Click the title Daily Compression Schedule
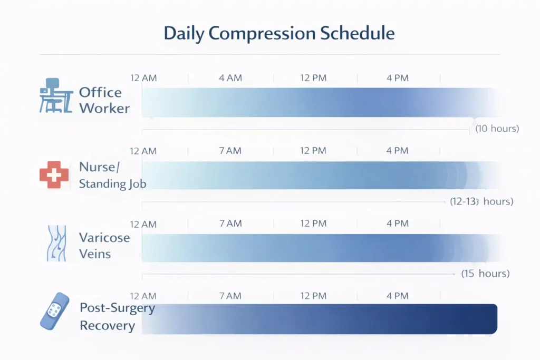coord(279,33)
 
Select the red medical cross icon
coord(54,174)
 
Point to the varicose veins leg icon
coord(55,244)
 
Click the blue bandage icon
coord(54,311)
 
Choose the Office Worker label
coord(104,100)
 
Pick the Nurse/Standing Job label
coord(112,176)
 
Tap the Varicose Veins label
coord(104,246)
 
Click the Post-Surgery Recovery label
coord(117,316)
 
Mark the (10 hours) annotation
coord(497,129)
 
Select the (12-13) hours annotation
coord(481,202)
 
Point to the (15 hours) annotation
coord(485,274)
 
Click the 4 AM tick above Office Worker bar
coord(230,78)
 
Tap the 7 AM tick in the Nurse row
coord(230,151)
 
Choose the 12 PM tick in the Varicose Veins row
coord(314,223)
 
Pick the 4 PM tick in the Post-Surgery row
coord(397,296)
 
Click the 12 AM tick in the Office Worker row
coord(143,78)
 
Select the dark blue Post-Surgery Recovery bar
coord(320,319)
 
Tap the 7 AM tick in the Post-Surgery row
coord(230,296)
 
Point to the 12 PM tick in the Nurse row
coord(314,151)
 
